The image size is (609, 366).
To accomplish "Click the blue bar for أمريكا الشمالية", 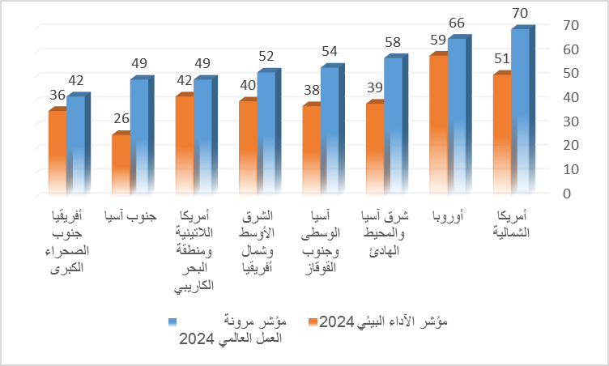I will (520, 113).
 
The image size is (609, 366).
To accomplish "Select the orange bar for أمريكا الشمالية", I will (501, 134).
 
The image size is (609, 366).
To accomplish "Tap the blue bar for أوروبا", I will (457, 117).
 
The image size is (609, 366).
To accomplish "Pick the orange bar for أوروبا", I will (439, 126).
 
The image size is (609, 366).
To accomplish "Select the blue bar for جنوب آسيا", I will (138, 138).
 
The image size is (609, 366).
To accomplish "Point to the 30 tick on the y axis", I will (572, 121).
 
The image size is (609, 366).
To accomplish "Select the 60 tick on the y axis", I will (572, 49).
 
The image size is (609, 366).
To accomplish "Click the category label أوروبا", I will (448, 216).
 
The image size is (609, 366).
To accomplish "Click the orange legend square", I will (312, 322).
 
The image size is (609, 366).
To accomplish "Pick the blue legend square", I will (173, 322).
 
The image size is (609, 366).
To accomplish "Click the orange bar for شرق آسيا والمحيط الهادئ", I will (375, 149).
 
